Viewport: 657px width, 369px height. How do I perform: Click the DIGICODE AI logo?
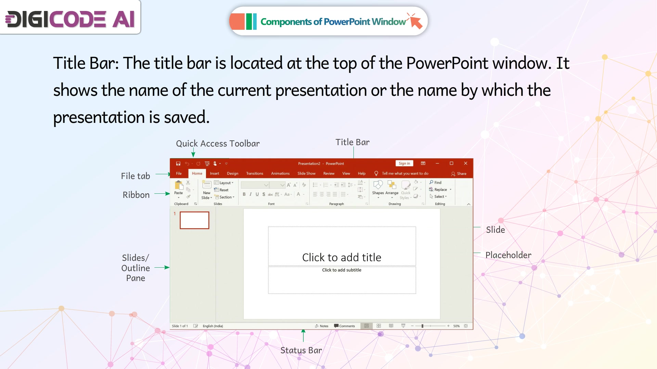pyautogui.click(x=70, y=19)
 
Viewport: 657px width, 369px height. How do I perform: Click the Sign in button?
pyautogui.click(x=404, y=164)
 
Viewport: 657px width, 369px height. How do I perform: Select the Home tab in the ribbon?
pyautogui.click(x=197, y=174)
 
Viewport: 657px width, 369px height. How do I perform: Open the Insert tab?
pyautogui.click(x=215, y=174)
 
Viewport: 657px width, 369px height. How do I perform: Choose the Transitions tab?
pyautogui.click(x=255, y=174)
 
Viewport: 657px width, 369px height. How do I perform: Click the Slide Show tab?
pyautogui.click(x=306, y=174)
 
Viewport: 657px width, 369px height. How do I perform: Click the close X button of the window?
pyautogui.click(x=465, y=164)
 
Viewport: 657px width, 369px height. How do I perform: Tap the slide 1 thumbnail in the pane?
pyautogui.click(x=194, y=220)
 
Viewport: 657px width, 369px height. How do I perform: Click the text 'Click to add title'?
pyautogui.click(x=342, y=257)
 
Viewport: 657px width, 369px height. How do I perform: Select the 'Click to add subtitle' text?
pyautogui.click(x=342, y=270)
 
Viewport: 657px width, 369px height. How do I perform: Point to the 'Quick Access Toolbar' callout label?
pyautogui.click(x=218, y=143)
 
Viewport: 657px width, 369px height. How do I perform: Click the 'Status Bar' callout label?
pyautogui.click(x=301, y=351)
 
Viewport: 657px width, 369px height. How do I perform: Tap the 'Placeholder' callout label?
pyautogui.click(x=508, y=255)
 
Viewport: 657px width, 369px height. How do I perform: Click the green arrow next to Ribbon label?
pyautogui.click(x=162, y=194)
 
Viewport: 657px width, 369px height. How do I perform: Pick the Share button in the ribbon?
pyautogui.click(x=459, y=174)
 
